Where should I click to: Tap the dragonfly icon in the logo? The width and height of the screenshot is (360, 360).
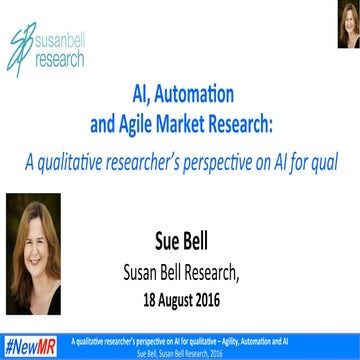pyautogui.click(x=20, y=45)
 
